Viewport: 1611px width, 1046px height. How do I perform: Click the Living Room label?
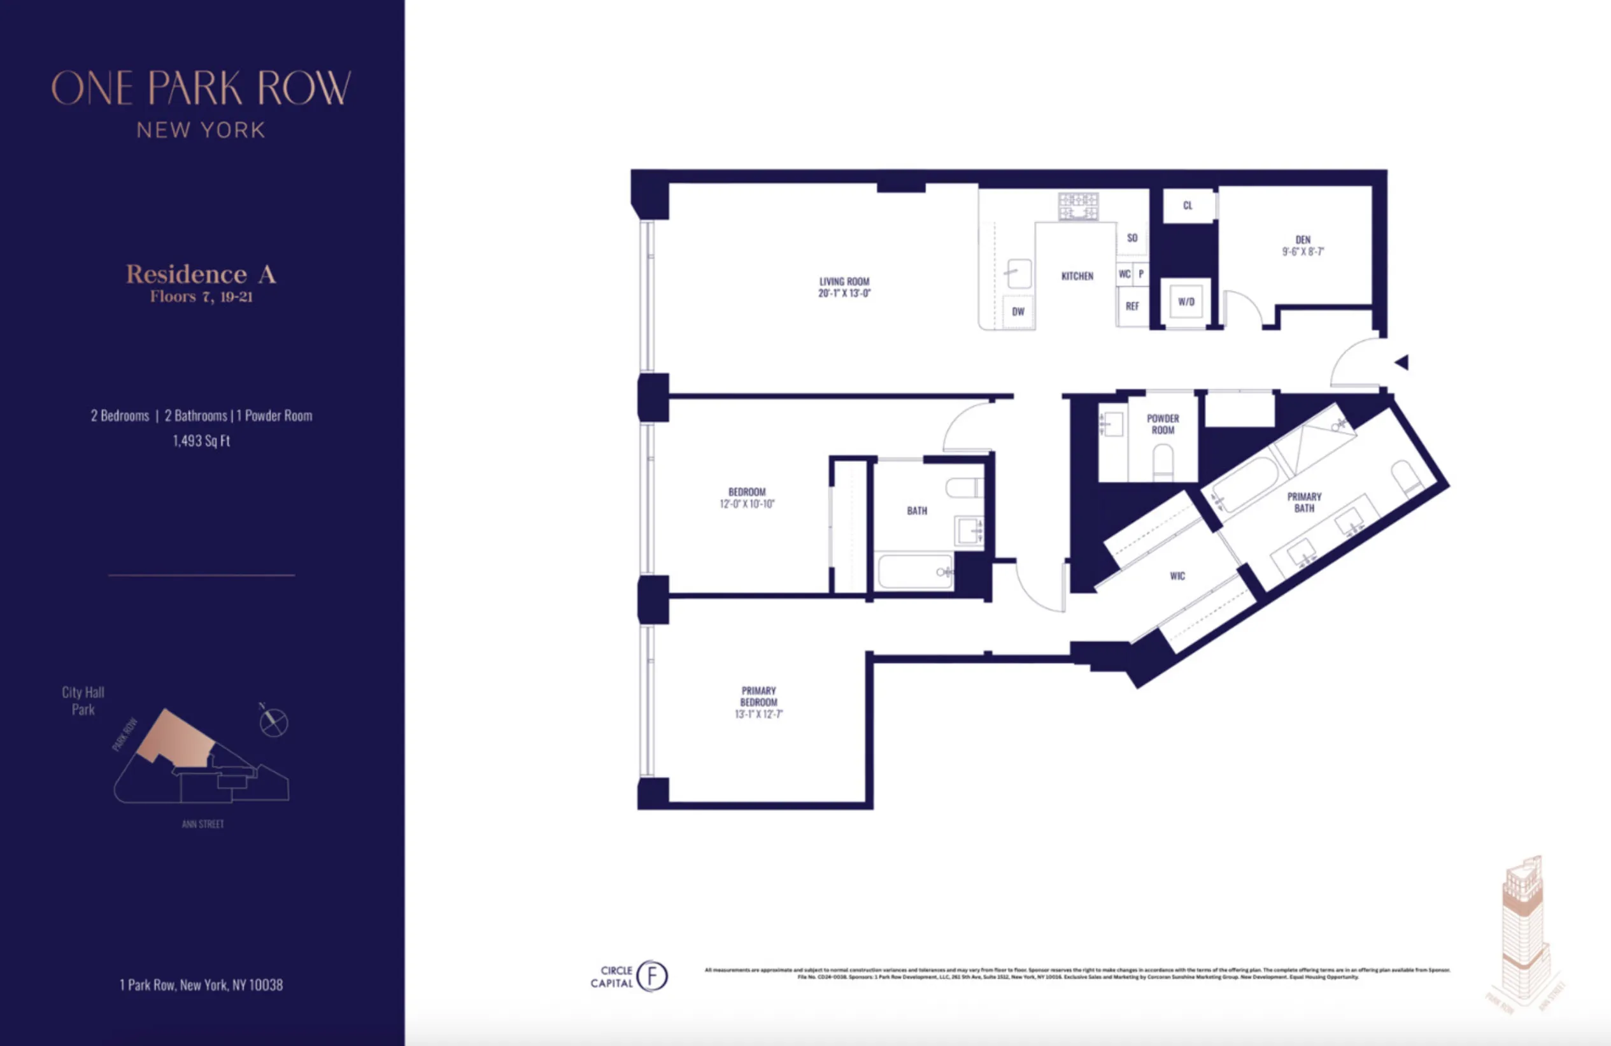click(844, 281)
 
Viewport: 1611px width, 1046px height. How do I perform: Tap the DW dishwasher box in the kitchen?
click(1018, 312)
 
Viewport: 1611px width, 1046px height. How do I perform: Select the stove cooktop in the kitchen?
click(1078, 206)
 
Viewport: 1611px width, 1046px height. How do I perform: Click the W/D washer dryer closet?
click(1186, 302)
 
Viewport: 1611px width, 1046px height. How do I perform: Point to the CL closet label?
click(1188, 205)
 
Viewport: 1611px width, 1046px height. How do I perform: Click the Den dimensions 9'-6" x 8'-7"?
click(1302, 251)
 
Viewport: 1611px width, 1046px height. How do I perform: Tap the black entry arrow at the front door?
click(1402, 362)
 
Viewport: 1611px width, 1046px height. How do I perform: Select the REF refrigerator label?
click(1132, 306)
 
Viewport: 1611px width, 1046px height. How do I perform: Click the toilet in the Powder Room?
click(1163, 461)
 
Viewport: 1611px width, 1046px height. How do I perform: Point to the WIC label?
click(1177, 576)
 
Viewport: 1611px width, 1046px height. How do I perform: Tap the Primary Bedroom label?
click(758, 696)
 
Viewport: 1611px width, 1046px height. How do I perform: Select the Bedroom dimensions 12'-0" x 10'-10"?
click(747, 504)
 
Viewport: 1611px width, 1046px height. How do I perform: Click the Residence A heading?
click(201, 274)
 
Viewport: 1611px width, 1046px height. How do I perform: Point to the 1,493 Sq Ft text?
click(201, 441)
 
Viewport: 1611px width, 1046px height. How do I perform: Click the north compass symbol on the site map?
click(273, 722)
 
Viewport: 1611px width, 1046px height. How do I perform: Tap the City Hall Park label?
click(83, 701)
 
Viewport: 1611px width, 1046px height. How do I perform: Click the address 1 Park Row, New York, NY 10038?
click(201, 985)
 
